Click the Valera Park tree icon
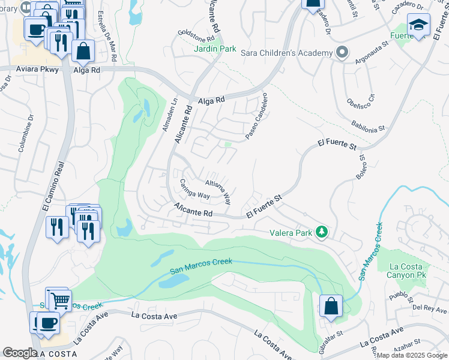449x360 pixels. [x=322, y=232]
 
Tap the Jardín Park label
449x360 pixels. [x=215, y=49]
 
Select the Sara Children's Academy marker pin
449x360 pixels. [x=342, y=52]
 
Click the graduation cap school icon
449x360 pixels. [x=418, y=25]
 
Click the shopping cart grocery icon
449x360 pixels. [x=59, y=299]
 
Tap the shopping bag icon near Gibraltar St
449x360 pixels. [x=330, y=305]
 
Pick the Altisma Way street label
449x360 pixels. [x=218, y=188]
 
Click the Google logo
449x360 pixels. [x=20, y=353]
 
